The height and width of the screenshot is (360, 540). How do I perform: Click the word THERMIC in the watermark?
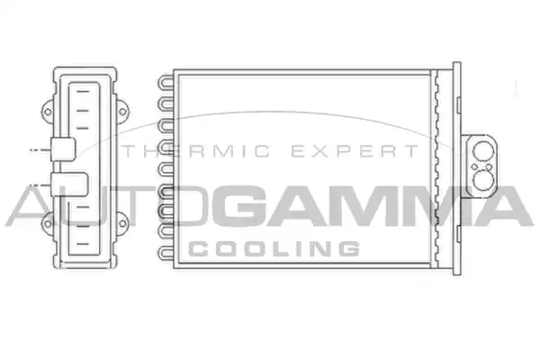(x=196, y=151)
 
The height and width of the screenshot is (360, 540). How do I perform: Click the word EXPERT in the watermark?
(x=355, y=151)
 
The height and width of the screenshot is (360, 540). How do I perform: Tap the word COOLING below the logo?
(x=274, y=248)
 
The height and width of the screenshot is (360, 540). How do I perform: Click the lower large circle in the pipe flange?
(x=483, y=180)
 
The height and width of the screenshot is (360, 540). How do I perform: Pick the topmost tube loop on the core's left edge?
(x=166, y=82)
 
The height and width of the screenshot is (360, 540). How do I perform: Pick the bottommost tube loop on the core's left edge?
(x=166, y=253)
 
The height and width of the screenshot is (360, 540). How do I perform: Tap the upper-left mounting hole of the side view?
(x=49, y=112)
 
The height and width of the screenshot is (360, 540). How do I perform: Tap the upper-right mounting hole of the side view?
(x=122, y=112)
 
